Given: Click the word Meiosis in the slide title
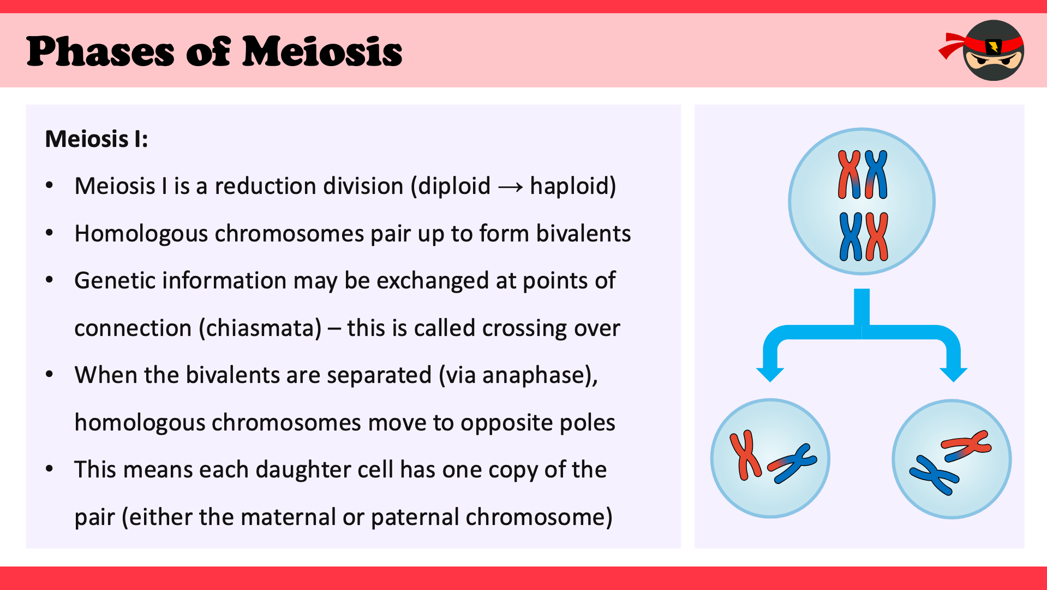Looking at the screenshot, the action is (x=322, y=52).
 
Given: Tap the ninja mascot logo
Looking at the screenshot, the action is (x=982, y=50).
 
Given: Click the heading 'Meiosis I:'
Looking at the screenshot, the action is (x=97, y=139).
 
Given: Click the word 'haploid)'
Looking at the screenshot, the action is (x=573, y=186).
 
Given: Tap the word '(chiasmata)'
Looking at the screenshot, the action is (x=260, y=328).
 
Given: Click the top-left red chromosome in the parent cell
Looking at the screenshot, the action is (x=849, y=174).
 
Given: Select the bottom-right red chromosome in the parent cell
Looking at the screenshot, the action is (x=876, y=237).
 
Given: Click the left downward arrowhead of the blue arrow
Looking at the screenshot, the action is (x=770, y=374).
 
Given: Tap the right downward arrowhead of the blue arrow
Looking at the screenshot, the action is (x=954, y=374).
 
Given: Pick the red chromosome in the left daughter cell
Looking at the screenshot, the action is (x=745, y=455).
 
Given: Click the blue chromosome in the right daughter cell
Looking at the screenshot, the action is (x=934, y=475).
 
